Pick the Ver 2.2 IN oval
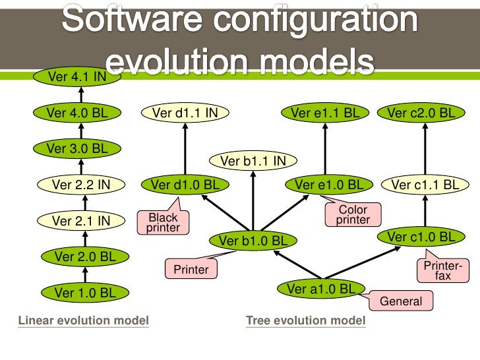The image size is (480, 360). coord(80,185)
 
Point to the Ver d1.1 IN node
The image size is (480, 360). coord(185,113)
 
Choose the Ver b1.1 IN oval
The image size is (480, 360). coord(253,160)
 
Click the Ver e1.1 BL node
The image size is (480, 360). coord(326,113)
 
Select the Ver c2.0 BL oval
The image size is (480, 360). coord(421,113)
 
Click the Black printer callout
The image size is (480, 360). coord(163,223)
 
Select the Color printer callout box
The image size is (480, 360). coord(353,215)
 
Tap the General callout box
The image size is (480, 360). coord(401,301)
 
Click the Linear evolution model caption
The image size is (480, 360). coord(84,321)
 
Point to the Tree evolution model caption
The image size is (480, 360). coord(305,321)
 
